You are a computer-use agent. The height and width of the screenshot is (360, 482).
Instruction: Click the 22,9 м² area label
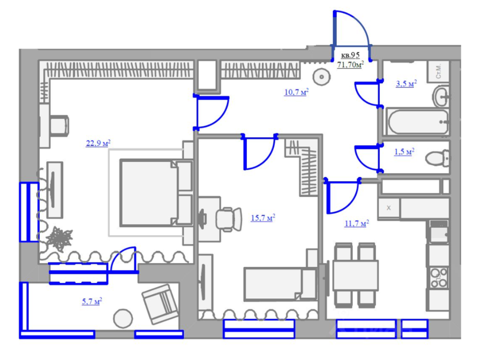point(98,143)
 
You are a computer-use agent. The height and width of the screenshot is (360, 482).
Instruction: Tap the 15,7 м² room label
point(263,218)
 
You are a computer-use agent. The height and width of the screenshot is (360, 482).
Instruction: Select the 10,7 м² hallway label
point(296,92)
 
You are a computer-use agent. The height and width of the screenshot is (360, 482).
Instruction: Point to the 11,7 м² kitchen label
point(357,223)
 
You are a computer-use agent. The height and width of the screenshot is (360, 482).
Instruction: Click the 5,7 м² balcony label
point(92,301)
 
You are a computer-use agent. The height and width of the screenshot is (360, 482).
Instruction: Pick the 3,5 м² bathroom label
point(406,84)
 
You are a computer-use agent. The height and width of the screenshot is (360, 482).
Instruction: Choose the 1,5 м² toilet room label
point(404,152)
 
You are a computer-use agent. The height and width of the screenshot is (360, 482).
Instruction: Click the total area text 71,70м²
point(350,65)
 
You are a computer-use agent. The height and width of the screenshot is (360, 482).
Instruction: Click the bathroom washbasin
point(441,96)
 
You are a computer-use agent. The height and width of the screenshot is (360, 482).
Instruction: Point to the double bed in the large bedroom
point(156,193)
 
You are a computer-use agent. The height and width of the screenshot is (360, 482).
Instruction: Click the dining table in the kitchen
point(356,275)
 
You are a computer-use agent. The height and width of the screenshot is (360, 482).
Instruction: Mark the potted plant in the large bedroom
point(59,239)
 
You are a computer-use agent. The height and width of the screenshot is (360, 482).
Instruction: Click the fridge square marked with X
point(389,208)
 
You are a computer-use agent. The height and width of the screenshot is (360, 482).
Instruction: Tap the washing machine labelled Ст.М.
point(439,71)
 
